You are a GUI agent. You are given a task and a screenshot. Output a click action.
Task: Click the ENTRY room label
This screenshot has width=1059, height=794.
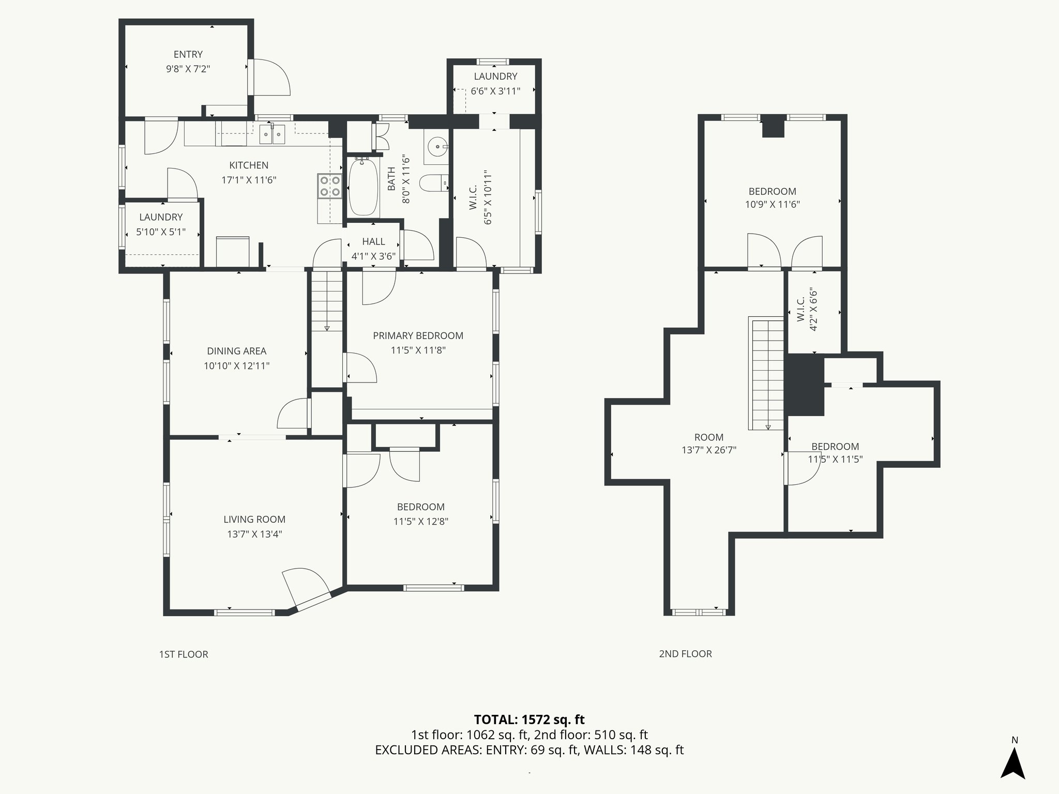point(188,54)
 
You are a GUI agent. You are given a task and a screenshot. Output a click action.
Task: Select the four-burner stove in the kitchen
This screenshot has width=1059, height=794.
point(329,186)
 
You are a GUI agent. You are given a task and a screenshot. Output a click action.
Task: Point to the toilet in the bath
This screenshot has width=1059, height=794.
point(433,183)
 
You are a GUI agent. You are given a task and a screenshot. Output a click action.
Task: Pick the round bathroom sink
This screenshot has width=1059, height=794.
point(437,146)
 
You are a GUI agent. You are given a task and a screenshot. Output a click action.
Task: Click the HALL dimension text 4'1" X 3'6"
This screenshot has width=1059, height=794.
point(373,256)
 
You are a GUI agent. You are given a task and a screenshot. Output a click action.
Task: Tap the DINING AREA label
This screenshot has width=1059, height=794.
point(236,351)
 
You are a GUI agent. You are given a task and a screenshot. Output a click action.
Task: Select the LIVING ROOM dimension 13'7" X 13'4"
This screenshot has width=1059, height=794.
point(254,534)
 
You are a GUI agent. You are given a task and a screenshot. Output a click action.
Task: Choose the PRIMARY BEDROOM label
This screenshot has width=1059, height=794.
point(418,335)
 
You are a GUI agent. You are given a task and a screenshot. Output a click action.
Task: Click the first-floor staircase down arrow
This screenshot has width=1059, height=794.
point(327,328)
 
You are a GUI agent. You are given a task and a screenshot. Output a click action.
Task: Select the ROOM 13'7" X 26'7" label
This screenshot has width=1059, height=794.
point(708,444)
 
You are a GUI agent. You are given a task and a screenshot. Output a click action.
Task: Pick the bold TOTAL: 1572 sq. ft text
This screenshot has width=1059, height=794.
point(529,720)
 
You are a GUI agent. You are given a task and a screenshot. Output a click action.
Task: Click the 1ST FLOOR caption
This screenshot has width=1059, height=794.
point(184,654)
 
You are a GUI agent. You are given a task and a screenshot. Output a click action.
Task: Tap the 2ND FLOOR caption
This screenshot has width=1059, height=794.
point(685,654)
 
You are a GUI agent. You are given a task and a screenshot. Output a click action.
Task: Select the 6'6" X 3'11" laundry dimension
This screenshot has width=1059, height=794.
point(495,91)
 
